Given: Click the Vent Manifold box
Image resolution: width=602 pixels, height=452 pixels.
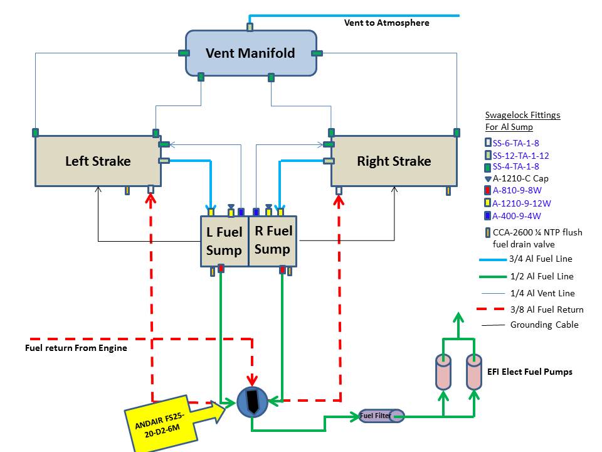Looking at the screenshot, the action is [251, 53].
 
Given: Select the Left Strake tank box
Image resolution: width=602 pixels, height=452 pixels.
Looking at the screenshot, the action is [98, 161].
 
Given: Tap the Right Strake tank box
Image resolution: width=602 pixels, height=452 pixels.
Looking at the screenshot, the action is [394, 161].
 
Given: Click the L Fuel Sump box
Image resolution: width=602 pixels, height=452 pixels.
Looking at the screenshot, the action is [224, 241].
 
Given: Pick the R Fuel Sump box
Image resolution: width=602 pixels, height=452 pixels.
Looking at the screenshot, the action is [273, 241].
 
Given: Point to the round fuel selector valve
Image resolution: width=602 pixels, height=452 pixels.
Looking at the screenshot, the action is [252, 402].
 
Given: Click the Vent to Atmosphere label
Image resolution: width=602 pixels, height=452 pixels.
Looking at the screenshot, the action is [387, 23].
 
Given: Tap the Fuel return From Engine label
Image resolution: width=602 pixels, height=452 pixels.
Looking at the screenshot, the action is [76, 348].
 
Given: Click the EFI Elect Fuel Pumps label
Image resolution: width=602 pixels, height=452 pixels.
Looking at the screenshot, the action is [530, 372].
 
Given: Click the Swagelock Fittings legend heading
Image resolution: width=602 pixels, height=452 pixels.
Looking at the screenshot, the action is [522, 115].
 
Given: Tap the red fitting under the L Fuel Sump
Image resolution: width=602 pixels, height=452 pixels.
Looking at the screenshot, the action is [221, 268].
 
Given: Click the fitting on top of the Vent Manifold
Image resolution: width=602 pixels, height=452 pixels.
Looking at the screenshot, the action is [250, 27].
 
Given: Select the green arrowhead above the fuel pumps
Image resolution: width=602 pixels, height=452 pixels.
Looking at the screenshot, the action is [458, 318].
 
